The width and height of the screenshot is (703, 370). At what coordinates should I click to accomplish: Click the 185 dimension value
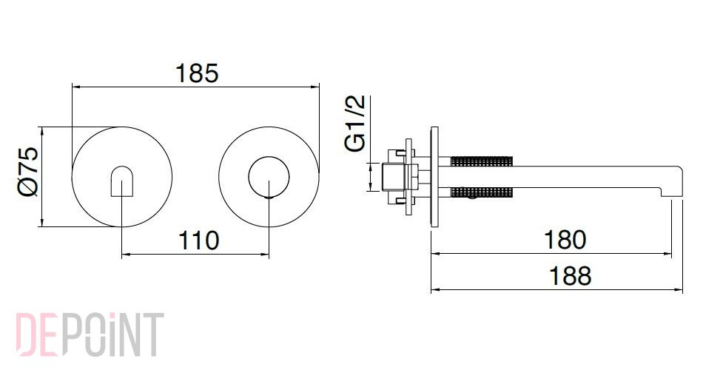tap(197, 73)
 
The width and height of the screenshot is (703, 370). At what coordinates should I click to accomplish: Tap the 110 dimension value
tap(198, 240)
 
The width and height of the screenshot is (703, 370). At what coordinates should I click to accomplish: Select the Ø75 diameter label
tap(28, 172)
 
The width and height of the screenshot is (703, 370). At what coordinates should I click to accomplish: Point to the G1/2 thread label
tap(355, 124)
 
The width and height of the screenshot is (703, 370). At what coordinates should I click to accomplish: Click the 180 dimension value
tap(565, 240)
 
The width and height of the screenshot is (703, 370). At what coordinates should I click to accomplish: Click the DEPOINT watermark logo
tap(90, 334)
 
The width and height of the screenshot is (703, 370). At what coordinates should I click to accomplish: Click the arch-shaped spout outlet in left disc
tap(121, 181)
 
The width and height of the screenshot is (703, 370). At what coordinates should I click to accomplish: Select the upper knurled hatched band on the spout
tap(482, 161)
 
